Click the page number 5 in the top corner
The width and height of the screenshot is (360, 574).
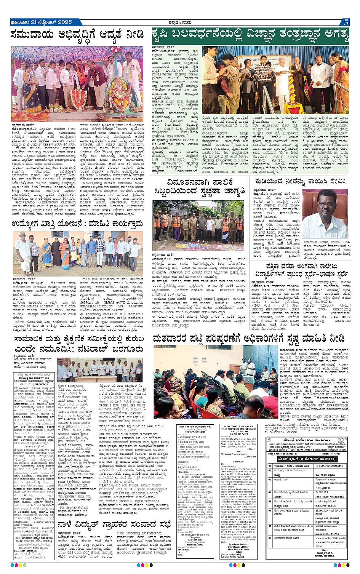click(x=346, y=22)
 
